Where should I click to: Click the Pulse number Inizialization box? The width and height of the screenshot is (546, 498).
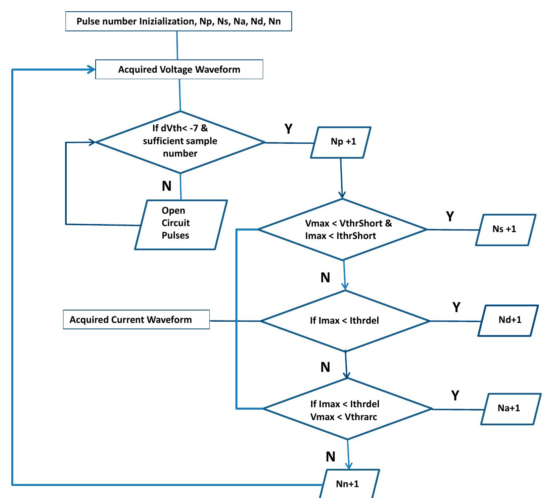pos(178,21)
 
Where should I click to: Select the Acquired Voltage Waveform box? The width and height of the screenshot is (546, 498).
pos(179,69)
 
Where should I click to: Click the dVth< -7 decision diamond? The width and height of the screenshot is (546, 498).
pos(180,142)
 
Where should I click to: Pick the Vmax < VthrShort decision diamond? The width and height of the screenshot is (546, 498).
pos(342,229)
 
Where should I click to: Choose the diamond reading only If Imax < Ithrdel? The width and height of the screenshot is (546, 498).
pos(345,320)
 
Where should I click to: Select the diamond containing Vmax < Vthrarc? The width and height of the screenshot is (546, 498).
pos(346,410)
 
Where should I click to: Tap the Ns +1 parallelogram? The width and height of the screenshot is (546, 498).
pos(505,229)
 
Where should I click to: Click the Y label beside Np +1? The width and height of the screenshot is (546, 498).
pos(288,129)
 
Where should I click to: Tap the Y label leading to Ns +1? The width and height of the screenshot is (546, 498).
pos(450,216)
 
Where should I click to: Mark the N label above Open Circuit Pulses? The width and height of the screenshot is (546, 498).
pos(166,186)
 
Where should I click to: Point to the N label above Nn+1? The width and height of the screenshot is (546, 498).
pos(330,457)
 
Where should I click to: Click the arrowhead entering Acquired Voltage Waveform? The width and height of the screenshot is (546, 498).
pos(92,70)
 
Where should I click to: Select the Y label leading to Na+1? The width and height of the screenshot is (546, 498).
pos(455,396)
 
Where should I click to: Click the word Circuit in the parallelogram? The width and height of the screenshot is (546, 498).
pos(176,223)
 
